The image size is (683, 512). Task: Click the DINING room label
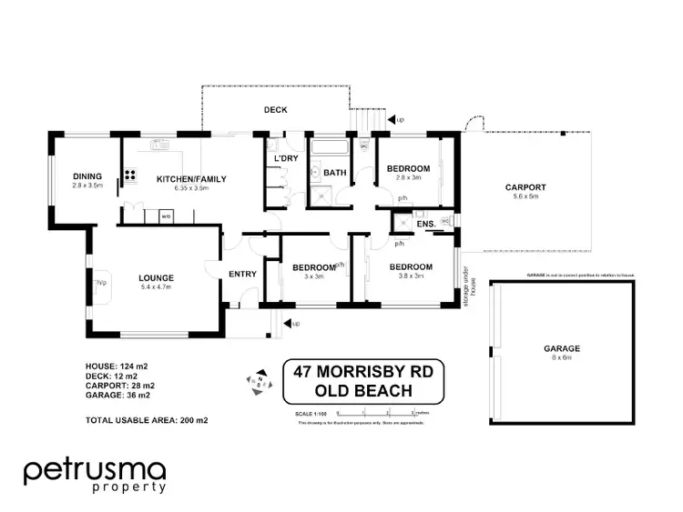tap(87, 176)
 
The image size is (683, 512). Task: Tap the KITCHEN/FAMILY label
tap(191, 179)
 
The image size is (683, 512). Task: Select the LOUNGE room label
tap(156, 277)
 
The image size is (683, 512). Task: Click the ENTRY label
tap(243, 274)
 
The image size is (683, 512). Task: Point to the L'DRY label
tap(286, 159)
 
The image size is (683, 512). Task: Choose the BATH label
tap(334, 173)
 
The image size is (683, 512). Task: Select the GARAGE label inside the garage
tap(563, 348)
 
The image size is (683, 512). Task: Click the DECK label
tap(275, 110)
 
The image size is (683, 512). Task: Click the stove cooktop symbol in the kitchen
tap(130, 175)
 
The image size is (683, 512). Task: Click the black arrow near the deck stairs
tap(392, 119)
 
